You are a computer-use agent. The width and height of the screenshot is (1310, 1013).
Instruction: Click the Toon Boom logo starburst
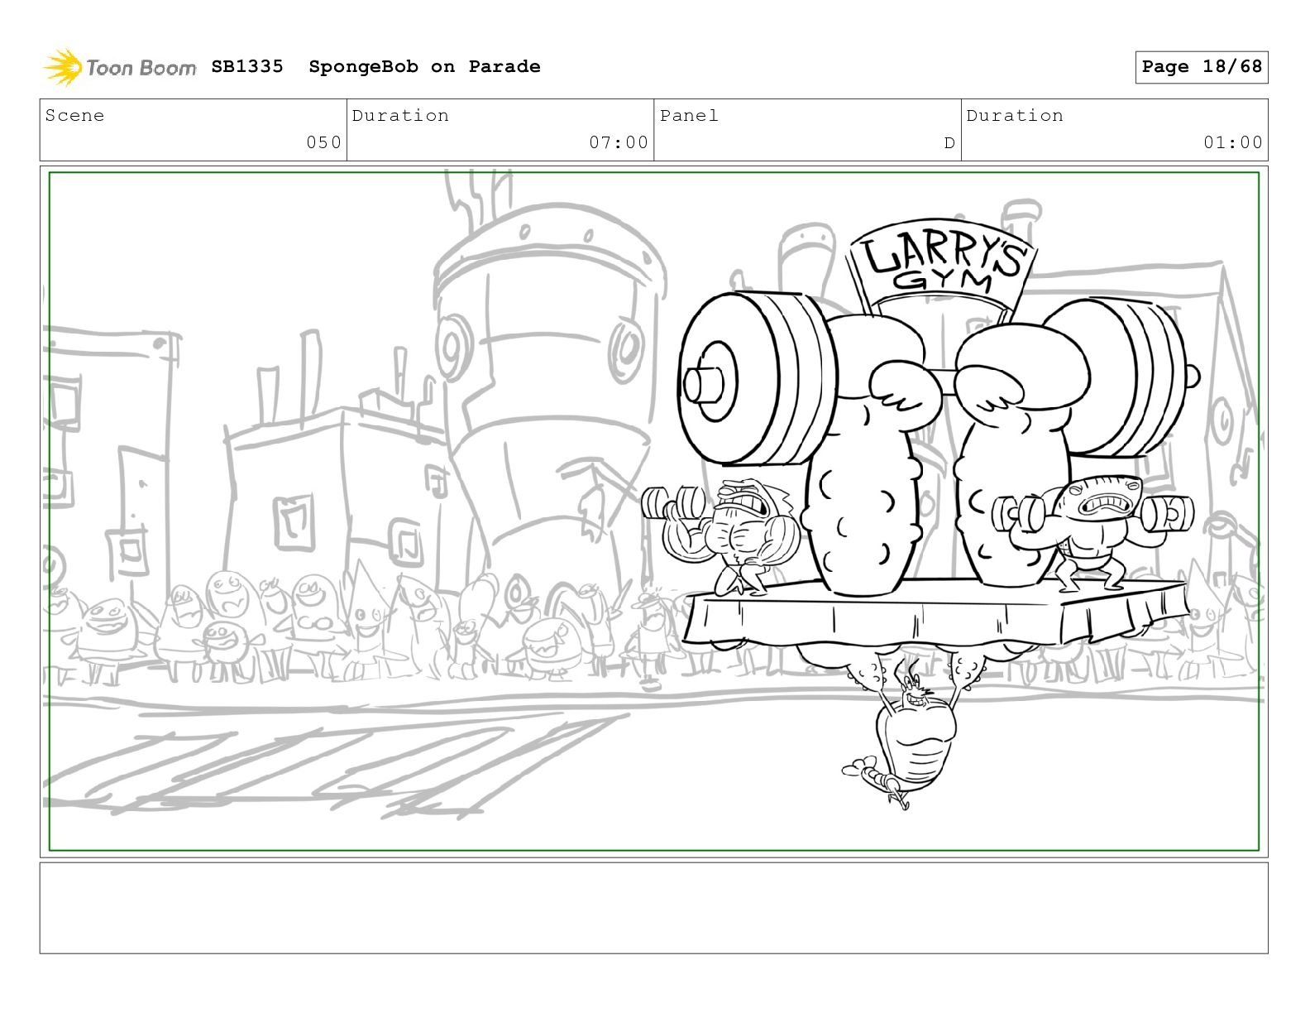click(x=63, y=67)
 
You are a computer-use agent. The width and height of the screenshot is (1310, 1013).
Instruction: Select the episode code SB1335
click(x=247, y=66)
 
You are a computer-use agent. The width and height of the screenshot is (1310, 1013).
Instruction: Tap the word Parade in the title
click(x=504, y=66)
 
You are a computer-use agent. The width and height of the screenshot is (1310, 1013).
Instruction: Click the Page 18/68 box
click(x=1202, y=67)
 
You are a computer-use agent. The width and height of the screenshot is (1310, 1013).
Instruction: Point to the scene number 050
click(x=323, y=142)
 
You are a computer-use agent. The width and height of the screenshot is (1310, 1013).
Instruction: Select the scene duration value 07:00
click(x=619, y=142)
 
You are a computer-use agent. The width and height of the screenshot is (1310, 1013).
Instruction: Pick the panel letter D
click(x=949, y=143)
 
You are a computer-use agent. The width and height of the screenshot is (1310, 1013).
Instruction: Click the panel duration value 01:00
click(x=1233, y=142)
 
